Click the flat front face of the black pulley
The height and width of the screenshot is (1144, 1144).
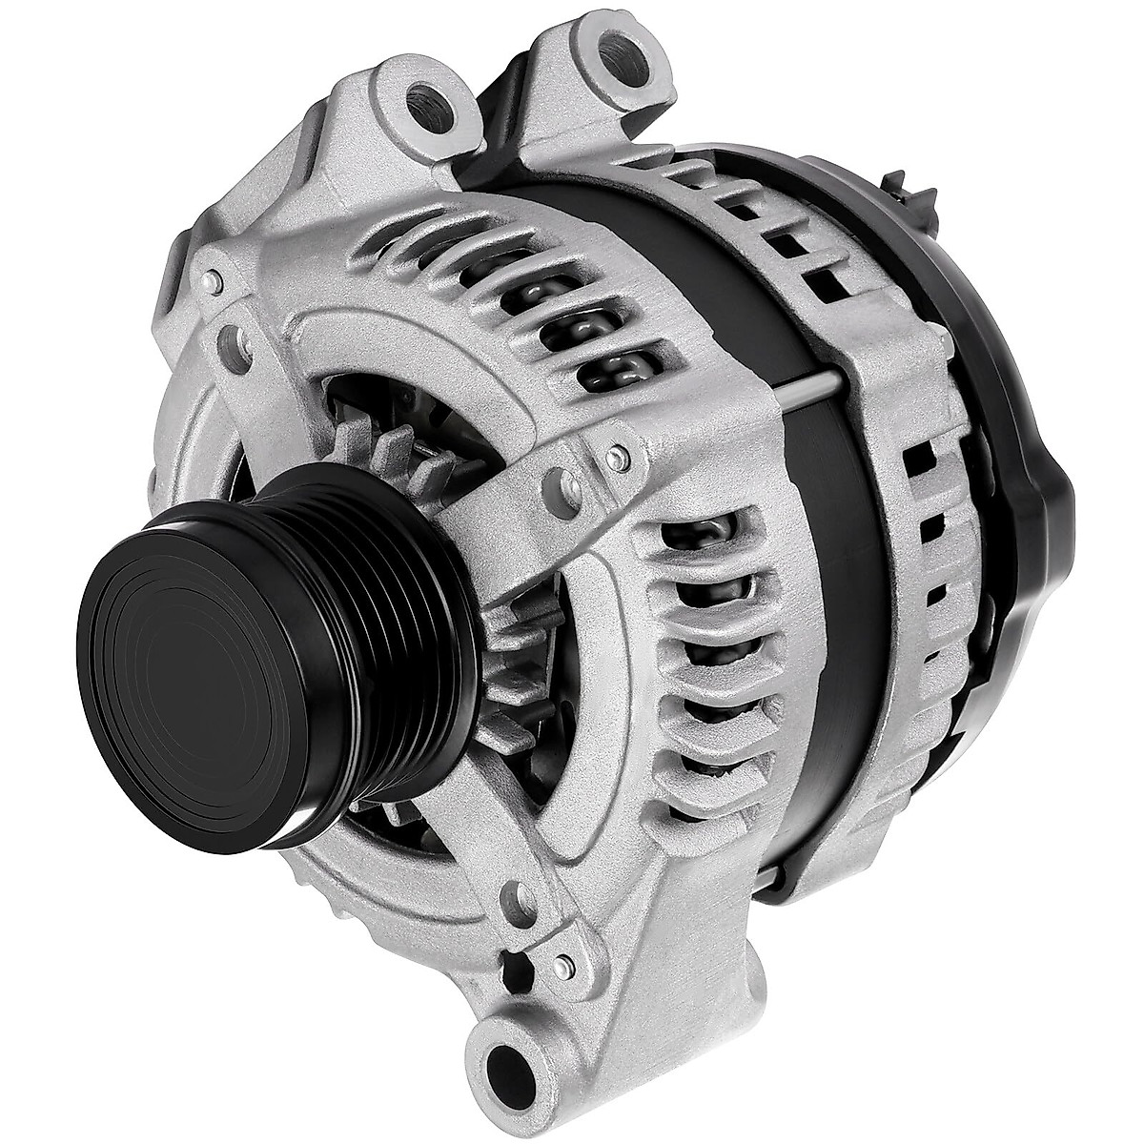coord(191,667)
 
